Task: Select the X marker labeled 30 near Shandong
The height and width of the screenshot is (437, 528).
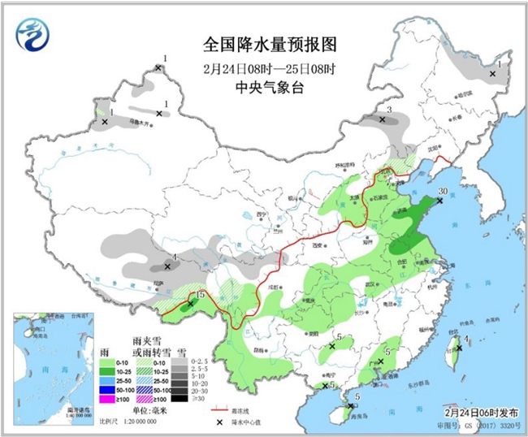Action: pyautogui.click(x=440, y=201)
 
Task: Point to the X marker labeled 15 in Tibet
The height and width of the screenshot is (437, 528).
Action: pyautogui.click(x=191, y=305)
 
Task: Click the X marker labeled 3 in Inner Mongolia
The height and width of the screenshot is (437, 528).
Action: pyautogui.click(x=382, y=119)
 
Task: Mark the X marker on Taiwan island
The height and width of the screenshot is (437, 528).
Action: pyautogui.click(x=458, y=348)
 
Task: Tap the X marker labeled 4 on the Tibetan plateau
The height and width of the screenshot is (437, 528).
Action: pyautogui.click(x=168, y=266)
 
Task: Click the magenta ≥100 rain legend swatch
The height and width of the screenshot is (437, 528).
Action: pyautogui.click(x=106, y=398)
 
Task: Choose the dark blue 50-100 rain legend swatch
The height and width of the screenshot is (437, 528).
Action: pyautogui.click(x=106, y=388)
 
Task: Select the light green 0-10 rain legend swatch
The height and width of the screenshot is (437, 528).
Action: pyautogui.click(x=106, y=360)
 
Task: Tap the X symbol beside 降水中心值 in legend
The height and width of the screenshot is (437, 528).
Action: pyautogui.click(x=219, y=422)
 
